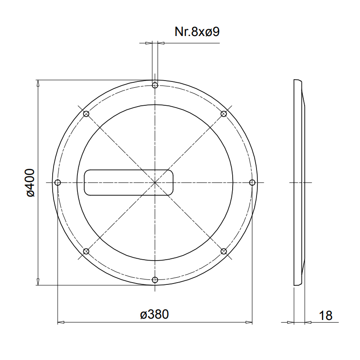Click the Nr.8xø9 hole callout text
pyautogui.click(x=197, y=31)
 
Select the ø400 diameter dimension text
pyautogui.click(x=30, y=183)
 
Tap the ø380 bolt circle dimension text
pyautogui.click(x=154, y=314)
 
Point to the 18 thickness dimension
pyautogui.click(x=325, y=316)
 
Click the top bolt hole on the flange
pyautogui.click(x=155, y=85)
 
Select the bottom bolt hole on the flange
pyautogui.click(x=155, y=280)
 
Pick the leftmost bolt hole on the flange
pyautogui.click(x=58, y=183)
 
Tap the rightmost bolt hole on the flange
pyautogui.click(x=252, y=183)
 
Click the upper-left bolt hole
pyautogui.click(x=86, y=114)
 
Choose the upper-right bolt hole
pyautogui.click(x=224, y=114)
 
